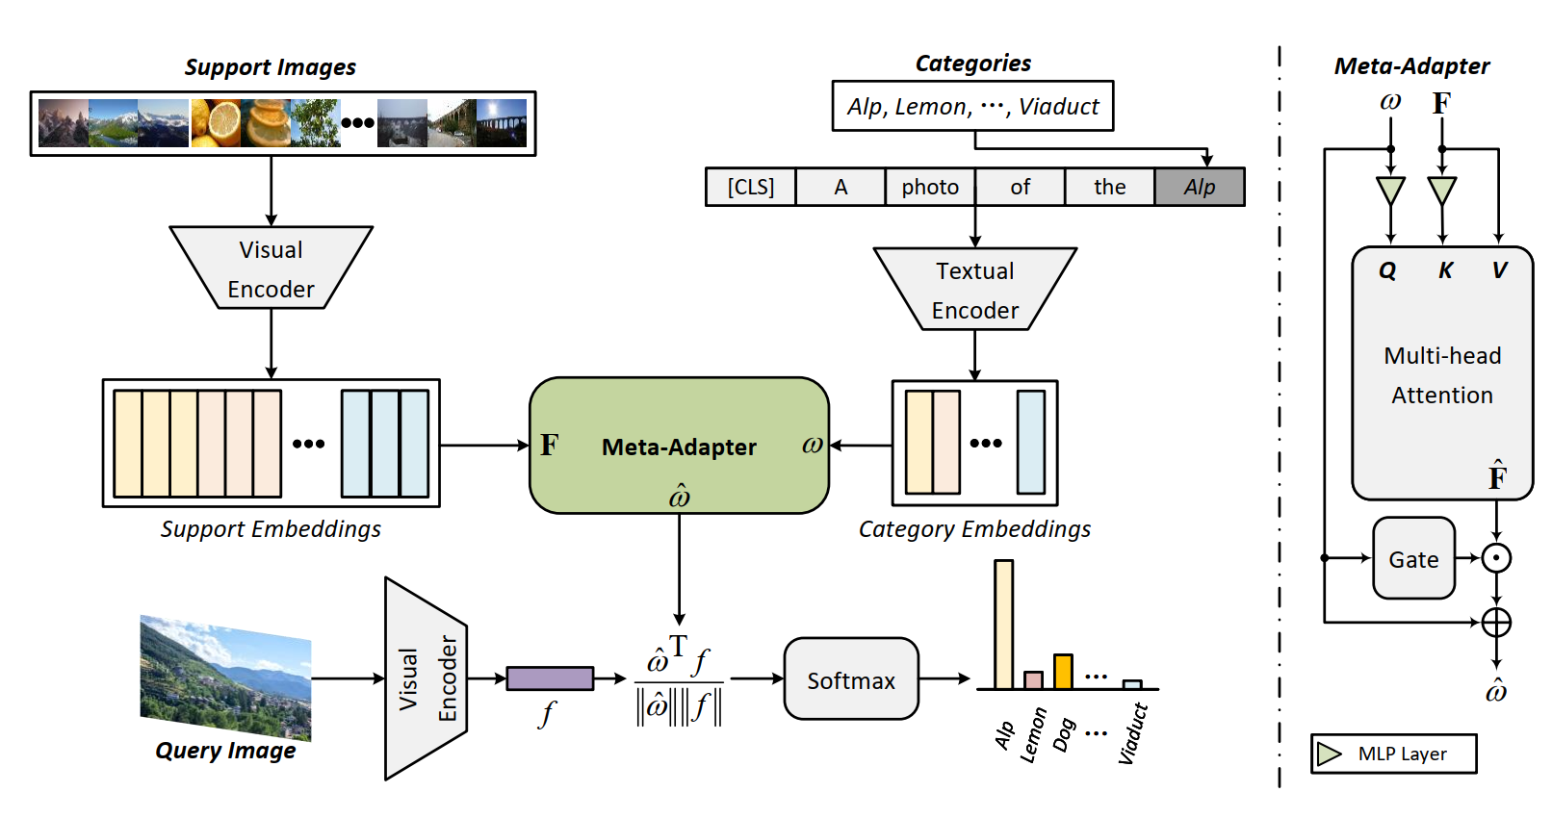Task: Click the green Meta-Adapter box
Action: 679,445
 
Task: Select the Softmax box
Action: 851,679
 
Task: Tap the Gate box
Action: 1413,558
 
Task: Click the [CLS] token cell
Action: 750,187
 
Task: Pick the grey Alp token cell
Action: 1200,187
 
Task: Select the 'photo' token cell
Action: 930,187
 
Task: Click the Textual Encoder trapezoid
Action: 974,290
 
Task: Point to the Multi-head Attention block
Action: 1441,374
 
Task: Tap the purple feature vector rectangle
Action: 550,678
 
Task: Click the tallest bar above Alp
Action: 1003,625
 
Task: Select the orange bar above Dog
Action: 1063,672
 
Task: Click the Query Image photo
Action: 225,677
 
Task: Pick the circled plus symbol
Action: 1495,623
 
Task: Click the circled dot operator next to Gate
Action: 1495,558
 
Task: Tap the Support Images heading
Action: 270,67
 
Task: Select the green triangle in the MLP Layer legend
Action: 1330,754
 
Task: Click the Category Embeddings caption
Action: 974,529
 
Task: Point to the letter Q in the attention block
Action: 1387,270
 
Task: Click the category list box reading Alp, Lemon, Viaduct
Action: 972,106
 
